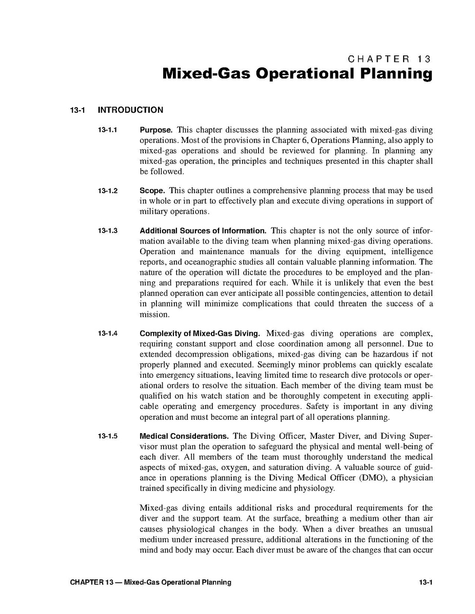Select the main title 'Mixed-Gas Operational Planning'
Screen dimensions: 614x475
[297, 74]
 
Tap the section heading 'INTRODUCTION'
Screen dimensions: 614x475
[130, 110]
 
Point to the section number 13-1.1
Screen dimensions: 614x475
[108, 130]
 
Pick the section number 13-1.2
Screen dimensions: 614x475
[108, 191]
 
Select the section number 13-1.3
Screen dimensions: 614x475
[108, 231]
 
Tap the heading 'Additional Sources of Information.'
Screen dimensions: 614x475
[203, 231]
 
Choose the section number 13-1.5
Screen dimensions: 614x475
[108, 436]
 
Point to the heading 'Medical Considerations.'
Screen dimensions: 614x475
[184, 436]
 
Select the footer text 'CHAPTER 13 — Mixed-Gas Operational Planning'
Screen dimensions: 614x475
[151, 582]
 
